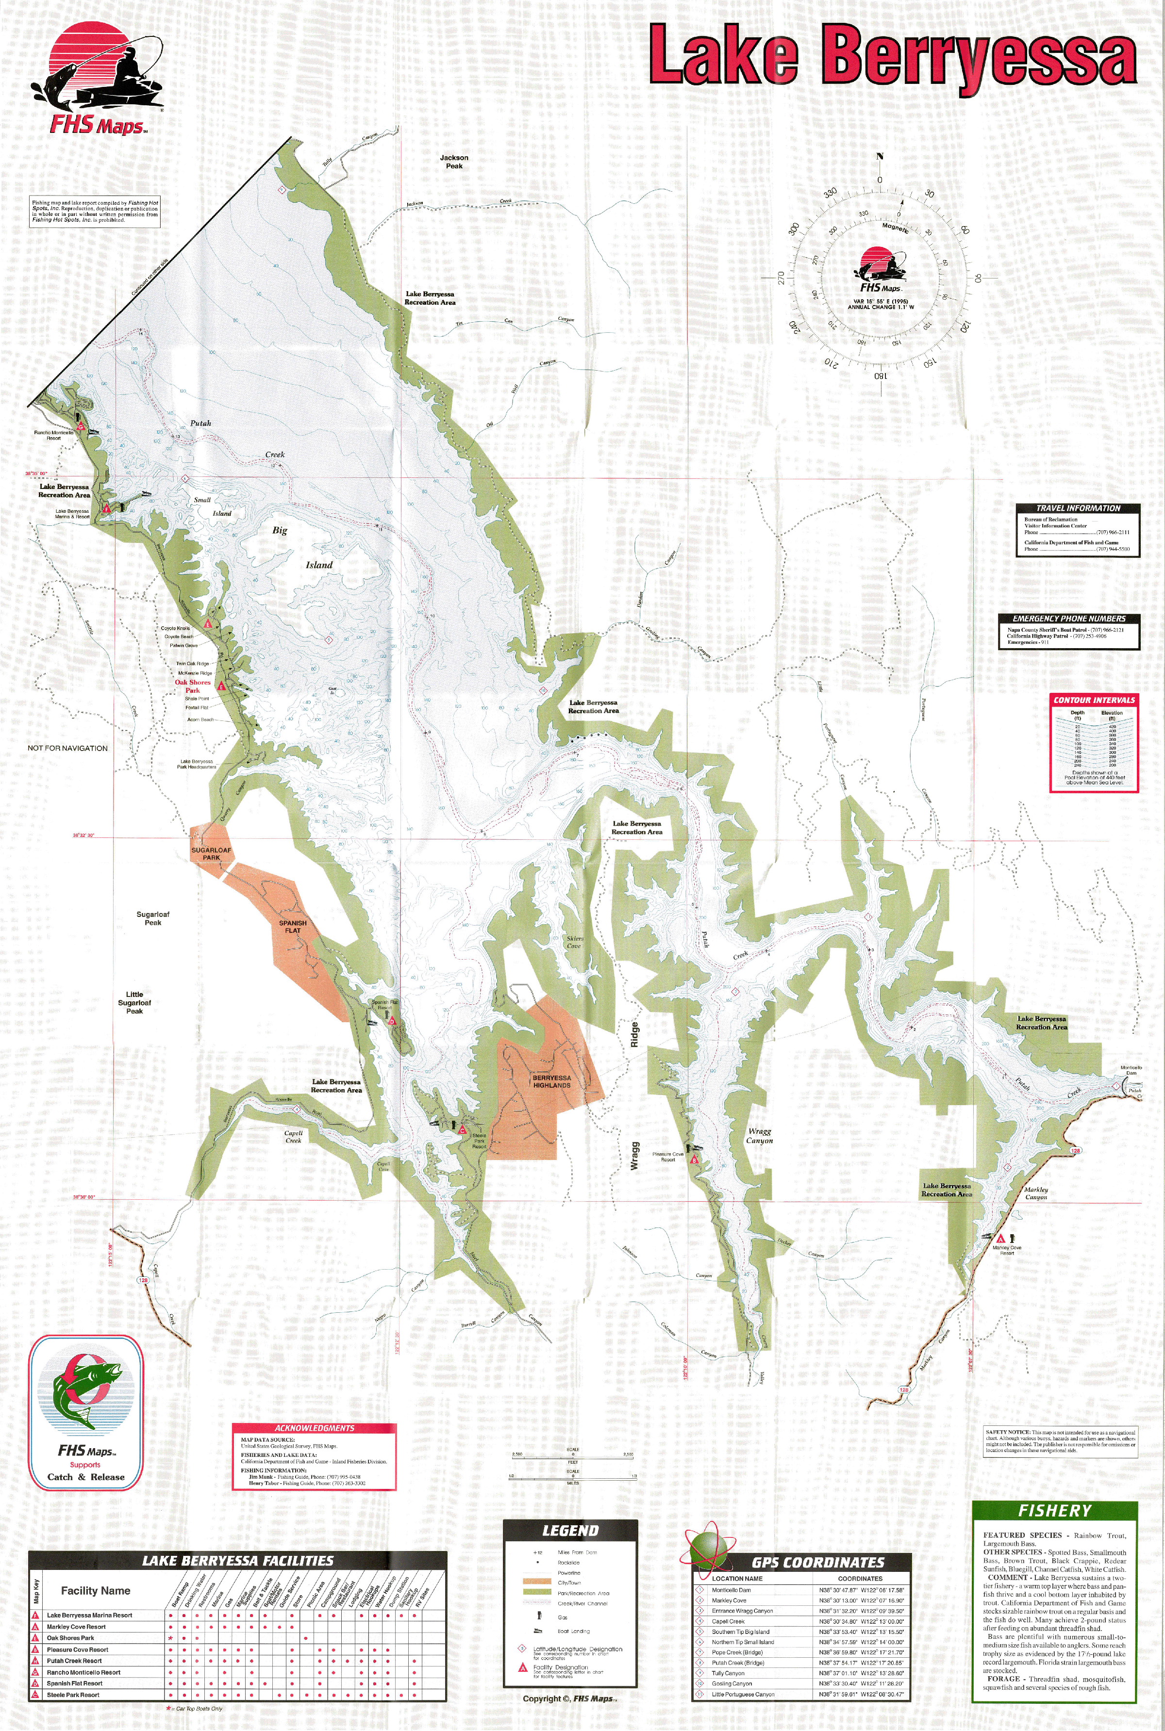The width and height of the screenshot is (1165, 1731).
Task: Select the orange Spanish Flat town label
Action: click(293, 927)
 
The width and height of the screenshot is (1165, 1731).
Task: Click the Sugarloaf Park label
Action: click(211, 854)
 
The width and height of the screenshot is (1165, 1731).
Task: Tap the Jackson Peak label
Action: click(454, 161)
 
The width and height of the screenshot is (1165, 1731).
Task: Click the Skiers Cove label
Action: click(574, 942)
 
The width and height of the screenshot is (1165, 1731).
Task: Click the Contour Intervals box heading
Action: click(1094, 700)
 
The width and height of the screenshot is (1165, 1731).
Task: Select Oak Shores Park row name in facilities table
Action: click(70, 1637)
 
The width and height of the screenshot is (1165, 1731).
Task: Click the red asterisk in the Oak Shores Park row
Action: click(171, 1637)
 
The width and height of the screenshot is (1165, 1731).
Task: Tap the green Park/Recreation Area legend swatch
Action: click(538, 1593)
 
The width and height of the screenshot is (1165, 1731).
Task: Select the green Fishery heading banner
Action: click(1054, 1510)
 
